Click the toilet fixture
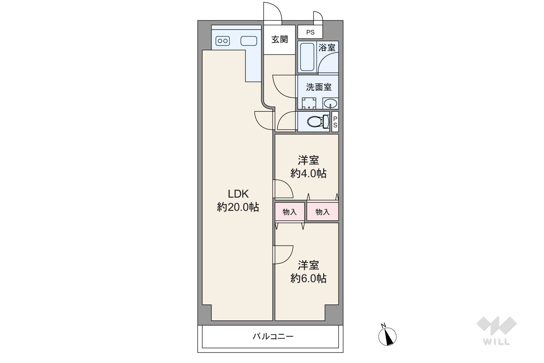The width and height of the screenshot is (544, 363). click(x=318, y=122)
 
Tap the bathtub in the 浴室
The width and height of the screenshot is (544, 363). click(x=307, y=57)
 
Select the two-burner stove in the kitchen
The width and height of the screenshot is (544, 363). click(x=223, y=41)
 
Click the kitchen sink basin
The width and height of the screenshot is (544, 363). click(x=249, y=41)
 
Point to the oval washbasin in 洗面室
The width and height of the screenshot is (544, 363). click(x=330, y=104)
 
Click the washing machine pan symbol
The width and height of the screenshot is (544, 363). click(x=309, y=103)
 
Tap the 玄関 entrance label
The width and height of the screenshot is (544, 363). click(x=280, y=39)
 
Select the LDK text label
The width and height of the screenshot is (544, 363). click(x=238, y=194)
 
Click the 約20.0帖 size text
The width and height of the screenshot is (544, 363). click(x=238, y=207)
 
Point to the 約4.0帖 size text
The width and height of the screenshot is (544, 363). click(x=309, y=173)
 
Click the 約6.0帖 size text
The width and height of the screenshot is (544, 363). click(x=309, y=278)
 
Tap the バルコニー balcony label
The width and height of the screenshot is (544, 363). click(x=273, y=336)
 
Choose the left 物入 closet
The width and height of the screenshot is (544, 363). click(x=290, y=212)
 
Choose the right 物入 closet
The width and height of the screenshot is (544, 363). click(x=322, y=212)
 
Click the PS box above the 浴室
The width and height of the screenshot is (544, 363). click(x=310, y=32)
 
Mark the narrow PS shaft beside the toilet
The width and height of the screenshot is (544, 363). click(x=335, y=122)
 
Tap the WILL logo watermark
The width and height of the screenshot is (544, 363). click(x=497, y=331)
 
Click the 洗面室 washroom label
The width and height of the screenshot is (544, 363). click(x=318, y=87)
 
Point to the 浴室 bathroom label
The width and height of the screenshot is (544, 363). click(x=327, y=48)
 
